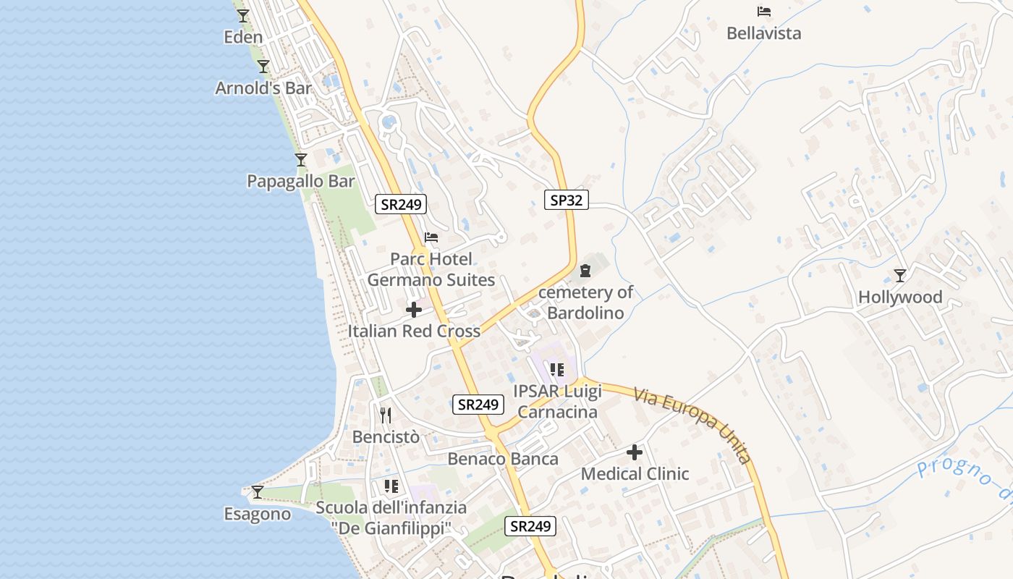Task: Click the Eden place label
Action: pos(243,37)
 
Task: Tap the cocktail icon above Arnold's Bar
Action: pos(263,67)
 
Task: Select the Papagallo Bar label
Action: pos(301,181)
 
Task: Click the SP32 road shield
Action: pos(566,200)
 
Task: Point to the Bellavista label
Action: pos(763,33)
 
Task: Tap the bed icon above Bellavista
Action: pos(763,12)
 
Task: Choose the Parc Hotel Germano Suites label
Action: pos(431,269)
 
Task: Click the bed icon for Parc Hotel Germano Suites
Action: pos(431,237)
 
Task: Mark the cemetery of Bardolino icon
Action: pos(585,271)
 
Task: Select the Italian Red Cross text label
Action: pos(414,331)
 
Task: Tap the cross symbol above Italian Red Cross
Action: pos(414,310)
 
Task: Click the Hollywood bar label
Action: pos(900,297)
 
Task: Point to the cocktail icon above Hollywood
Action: pos(900,276)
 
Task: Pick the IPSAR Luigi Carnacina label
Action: pos(557,402)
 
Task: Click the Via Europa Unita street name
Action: pos(692,426)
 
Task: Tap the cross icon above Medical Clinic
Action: pos(635,453)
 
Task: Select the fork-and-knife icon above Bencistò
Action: pos(386,415)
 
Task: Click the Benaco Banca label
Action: pos(503,459)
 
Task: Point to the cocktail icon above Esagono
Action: pos(257,492)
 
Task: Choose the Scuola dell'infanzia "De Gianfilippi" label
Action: pos(391,518)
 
